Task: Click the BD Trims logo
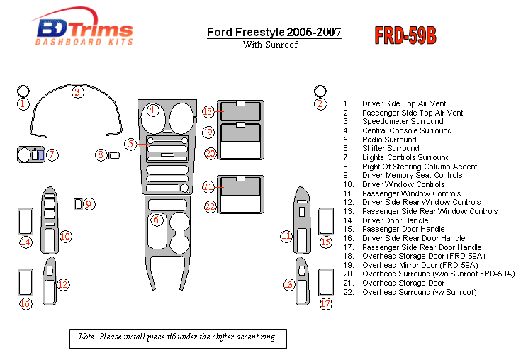84,30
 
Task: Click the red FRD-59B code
405,35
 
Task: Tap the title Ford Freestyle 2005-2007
274,33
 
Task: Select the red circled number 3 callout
77,91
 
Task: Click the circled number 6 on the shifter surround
156,220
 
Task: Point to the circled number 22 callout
210,207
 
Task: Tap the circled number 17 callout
325,303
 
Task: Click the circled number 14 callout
26,242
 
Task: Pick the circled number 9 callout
89,204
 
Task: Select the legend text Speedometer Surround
402,122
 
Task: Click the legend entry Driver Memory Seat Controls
412,176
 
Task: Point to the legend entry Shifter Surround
391,149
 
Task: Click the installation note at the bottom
178,337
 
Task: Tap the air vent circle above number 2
320,91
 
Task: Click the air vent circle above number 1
23,91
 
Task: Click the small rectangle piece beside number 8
113,155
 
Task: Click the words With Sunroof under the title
270,45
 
